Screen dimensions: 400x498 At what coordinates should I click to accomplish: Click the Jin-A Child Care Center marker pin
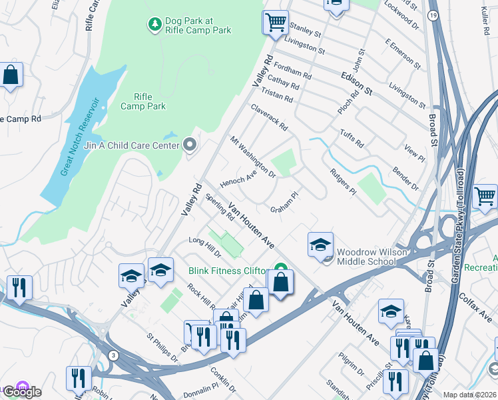[x=190, y=144]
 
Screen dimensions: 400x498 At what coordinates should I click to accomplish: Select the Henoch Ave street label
[x=238, y=178]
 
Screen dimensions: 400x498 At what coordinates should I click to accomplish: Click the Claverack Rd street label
[x=269, y=117]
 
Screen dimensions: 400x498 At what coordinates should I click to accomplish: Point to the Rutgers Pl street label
[x=344, y=181]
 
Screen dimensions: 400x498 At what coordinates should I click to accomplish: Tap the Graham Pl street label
[x=284, y=203]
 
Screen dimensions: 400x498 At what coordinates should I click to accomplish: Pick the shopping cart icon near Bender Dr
[x=485, y=196]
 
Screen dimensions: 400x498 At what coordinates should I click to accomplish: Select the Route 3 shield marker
[x=114, y=355]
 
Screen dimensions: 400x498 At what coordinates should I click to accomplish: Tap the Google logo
[x=22, y=391]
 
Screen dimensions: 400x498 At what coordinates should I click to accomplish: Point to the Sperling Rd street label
[x=220, y=207]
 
